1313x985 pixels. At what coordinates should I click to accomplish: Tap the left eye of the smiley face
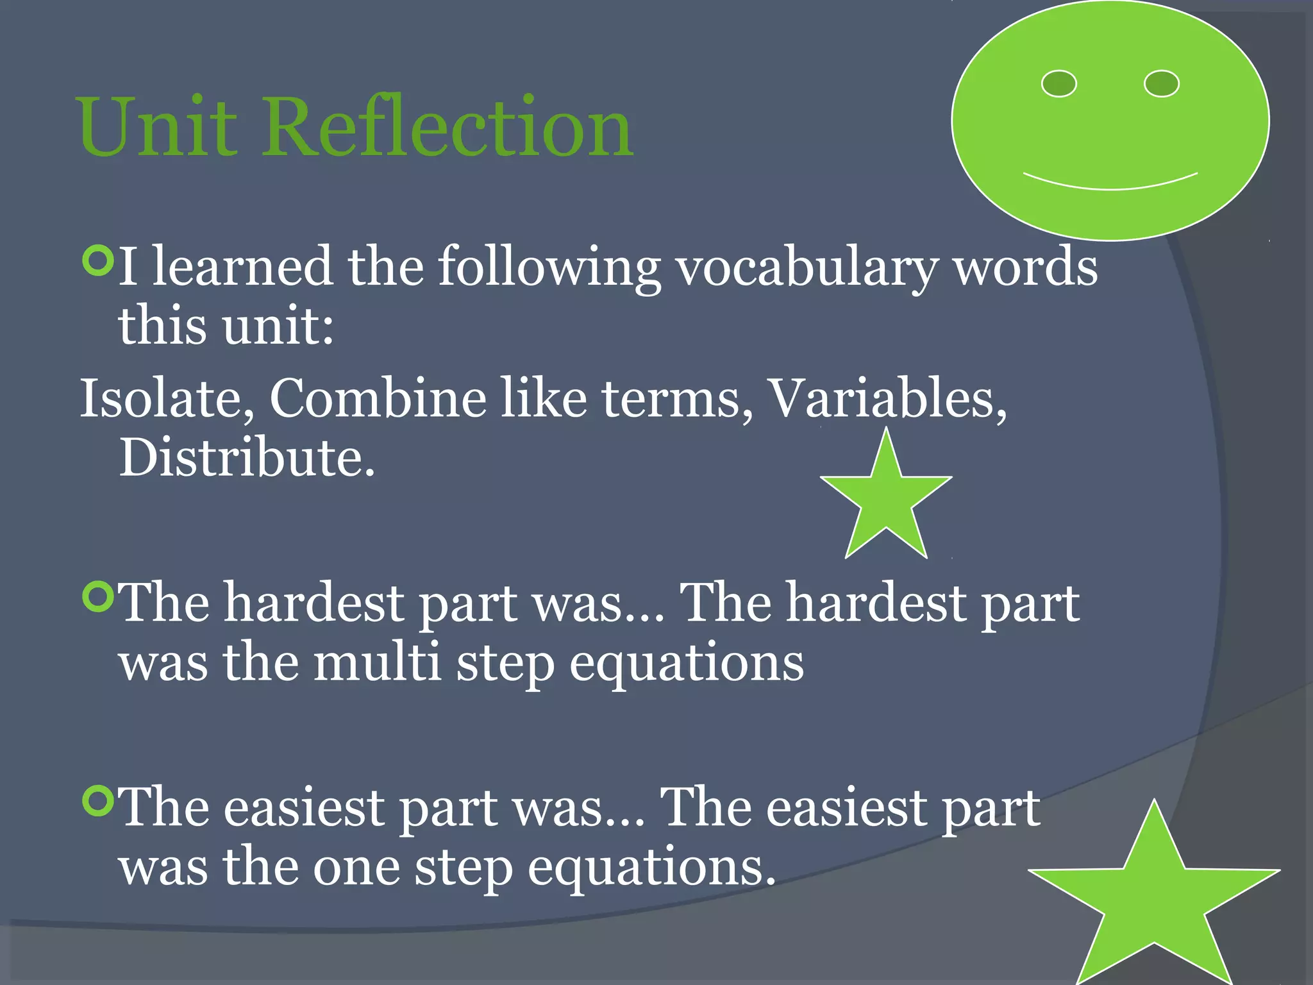tap(1058, 84)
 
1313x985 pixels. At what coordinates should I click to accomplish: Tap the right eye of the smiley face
tap(1162, 84)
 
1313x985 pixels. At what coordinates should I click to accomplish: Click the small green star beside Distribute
tap(886, 500)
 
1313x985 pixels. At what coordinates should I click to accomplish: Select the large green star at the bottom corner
tap(1154, 898)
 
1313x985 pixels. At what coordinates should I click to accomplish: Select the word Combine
tap(378, 399)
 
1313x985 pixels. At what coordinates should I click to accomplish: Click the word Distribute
tap(246, 458)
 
